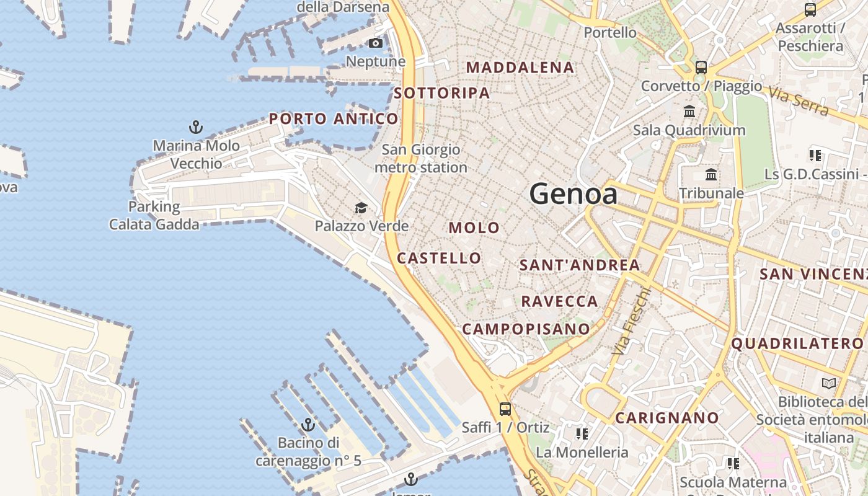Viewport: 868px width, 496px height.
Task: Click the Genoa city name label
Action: (x=573, y=195)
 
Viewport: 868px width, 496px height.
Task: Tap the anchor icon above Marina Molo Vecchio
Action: (x=196, y=128)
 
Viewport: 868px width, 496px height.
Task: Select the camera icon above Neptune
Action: (x=375, y=43)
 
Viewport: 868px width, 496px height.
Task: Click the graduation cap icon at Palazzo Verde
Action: (x=361, y=208)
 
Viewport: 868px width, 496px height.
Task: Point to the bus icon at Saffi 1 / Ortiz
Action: (x=505, y=409)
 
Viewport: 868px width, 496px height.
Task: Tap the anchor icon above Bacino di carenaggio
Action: (x=308, y=425)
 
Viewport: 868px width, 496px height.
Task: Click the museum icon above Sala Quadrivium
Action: (x=689, y=112)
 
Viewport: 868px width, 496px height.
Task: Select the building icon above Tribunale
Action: (x=711, y=175)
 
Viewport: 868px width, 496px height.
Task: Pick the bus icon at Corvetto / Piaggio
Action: (x=701, y=68)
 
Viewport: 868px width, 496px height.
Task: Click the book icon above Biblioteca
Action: (x=828, y=383)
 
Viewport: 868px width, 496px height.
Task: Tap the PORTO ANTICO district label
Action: (x=334, y=119)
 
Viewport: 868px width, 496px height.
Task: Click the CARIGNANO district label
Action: (x=667, y=418)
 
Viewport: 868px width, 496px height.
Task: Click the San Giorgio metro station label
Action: (x=421, y=159)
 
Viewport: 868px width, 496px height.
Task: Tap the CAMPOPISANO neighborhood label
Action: (x=526, y=329)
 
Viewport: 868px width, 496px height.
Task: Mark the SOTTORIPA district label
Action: (x=442, y=94)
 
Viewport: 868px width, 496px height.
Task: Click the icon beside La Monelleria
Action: (x=582, y=433)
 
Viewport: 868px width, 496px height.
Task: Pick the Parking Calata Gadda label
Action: (x=154, y=215)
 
